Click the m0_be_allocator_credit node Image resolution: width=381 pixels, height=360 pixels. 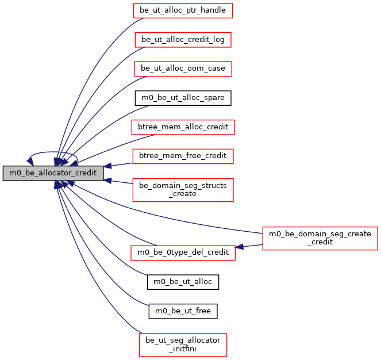click(53, 172)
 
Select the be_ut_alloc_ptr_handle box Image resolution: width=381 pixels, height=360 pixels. click(183, 10)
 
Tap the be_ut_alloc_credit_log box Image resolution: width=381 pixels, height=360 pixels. click(183, 40)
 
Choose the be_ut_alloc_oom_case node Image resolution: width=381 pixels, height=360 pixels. click(183, 68)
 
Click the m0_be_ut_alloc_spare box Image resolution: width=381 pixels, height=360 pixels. click(183, 98)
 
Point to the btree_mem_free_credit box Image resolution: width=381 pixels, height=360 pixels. click(183, 155)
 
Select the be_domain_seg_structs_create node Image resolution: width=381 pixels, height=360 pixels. click(183, 189)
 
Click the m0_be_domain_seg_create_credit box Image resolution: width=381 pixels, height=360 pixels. click(320, 238)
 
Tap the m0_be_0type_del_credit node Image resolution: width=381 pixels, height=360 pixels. click(183, 252)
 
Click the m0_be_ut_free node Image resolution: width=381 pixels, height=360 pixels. click(183, 311)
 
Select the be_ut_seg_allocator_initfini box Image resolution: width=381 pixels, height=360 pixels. click(183, 344)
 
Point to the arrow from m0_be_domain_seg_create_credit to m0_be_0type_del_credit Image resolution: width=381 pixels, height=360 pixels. click(250, 246)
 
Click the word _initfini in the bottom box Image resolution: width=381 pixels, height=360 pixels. click(183, 348)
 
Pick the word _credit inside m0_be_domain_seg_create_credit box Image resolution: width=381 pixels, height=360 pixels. click(320, 242)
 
